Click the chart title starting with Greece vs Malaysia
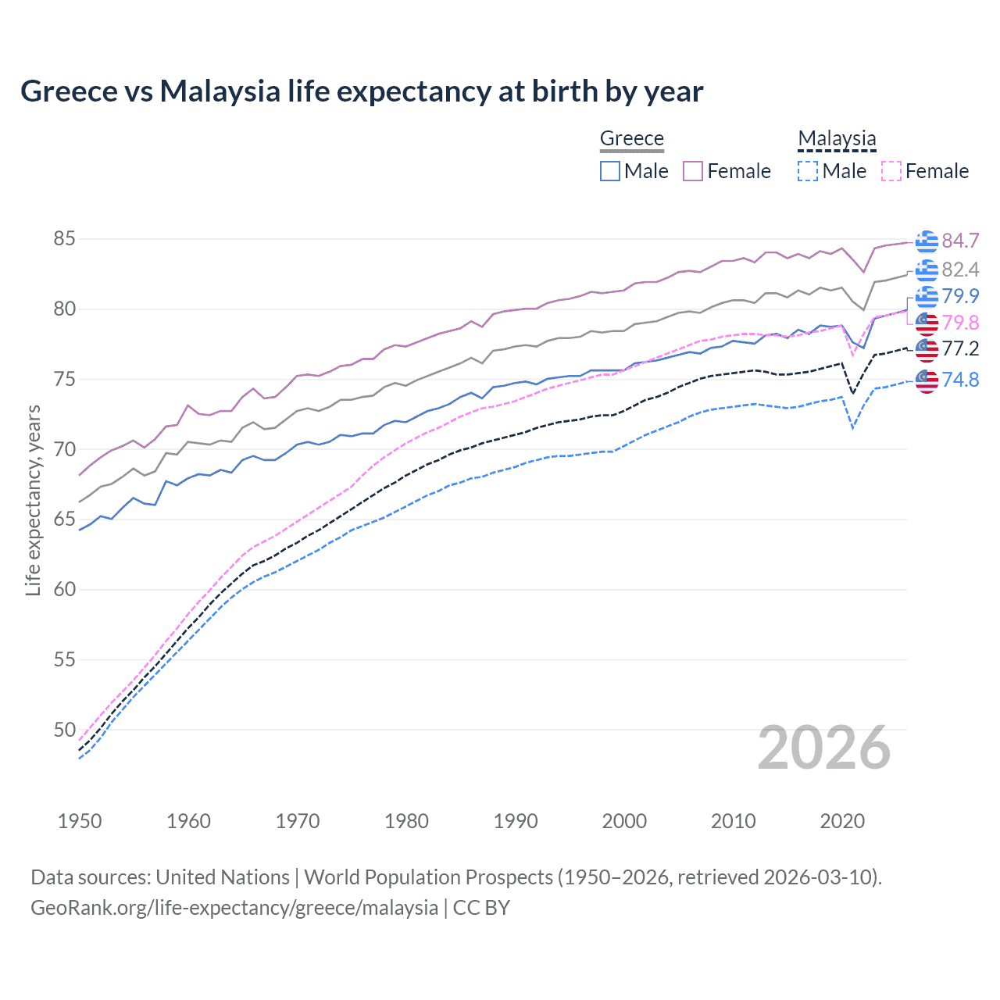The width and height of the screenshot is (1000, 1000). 362,91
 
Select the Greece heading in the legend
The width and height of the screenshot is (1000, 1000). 631,138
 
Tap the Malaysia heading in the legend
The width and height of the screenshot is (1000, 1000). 837,138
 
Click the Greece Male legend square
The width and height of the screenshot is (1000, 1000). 610,171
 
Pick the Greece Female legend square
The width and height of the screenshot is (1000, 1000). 693,171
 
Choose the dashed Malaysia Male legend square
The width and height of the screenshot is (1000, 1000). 808,171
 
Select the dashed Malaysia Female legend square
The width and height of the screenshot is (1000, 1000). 891,171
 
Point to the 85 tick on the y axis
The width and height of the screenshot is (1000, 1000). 64,239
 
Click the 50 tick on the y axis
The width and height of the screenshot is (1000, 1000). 64,730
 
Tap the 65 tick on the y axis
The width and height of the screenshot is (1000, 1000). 64,520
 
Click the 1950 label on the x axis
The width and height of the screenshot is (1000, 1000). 80,821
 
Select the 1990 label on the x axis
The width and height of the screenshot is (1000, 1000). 516,821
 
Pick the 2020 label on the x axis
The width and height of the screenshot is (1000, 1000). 842,821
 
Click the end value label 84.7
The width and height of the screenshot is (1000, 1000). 960,241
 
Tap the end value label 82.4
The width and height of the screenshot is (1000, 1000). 960,270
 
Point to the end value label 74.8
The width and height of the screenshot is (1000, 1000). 960,380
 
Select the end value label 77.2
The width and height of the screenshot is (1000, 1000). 960,348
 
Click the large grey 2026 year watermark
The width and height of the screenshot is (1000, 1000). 823,748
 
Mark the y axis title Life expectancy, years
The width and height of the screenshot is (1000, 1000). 33,500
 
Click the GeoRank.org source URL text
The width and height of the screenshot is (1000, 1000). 234,908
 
